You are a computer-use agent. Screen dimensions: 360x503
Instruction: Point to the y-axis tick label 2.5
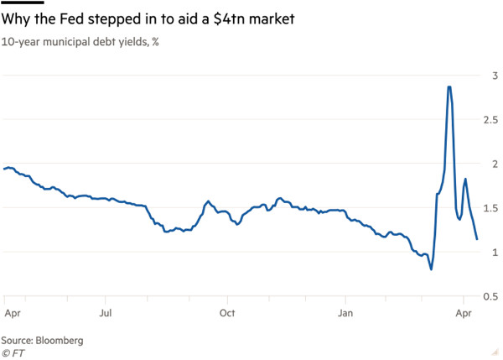(490, 120)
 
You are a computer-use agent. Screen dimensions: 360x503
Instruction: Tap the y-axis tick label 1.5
(490, 208)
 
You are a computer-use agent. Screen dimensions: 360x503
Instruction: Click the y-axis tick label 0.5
(490, 296)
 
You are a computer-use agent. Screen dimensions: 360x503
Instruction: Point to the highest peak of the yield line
(450, 86)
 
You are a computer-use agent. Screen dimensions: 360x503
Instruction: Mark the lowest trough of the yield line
(431, 269)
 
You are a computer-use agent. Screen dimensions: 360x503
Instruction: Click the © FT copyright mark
(13, 352)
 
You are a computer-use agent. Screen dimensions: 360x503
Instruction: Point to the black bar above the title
(23, 4)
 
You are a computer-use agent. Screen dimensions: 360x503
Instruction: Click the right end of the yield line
(477, 239)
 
